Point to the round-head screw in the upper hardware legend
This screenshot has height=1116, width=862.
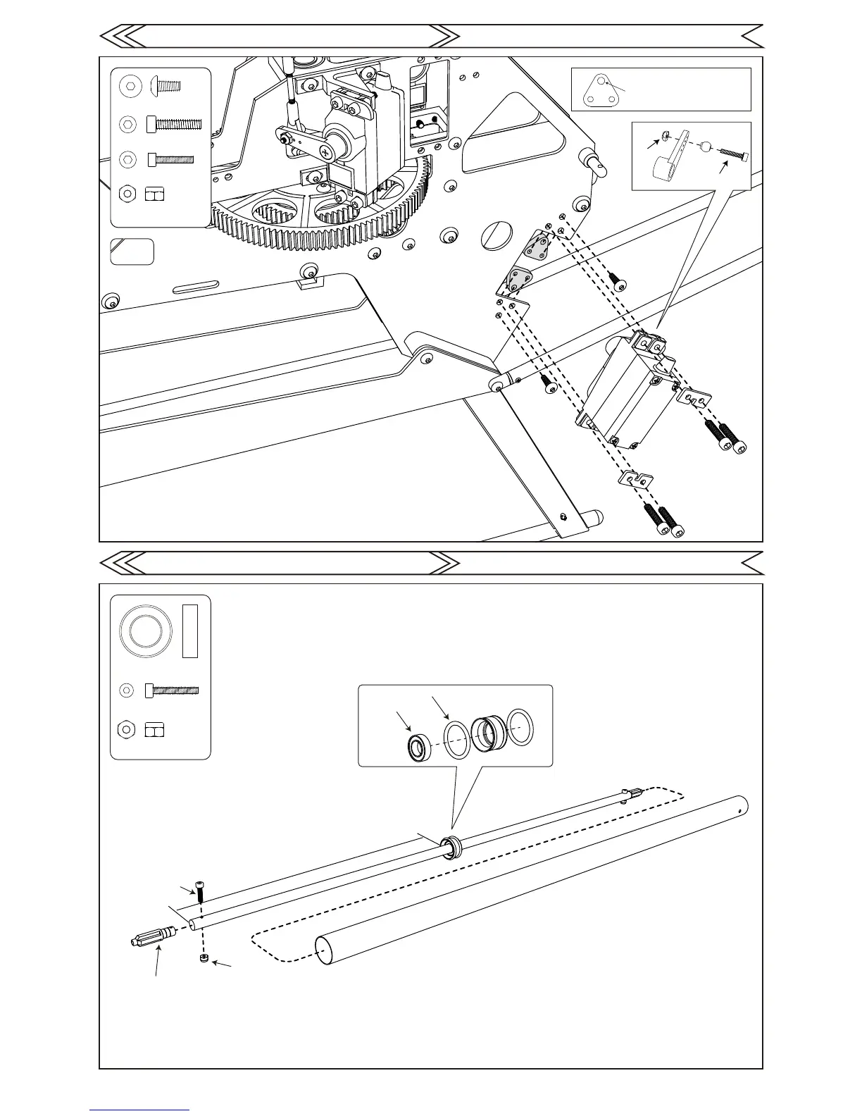point(165,87)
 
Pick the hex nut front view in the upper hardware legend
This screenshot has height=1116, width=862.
point(127,193)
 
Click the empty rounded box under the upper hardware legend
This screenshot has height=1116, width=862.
point(132,252)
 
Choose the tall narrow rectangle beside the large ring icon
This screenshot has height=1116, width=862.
point(190,631)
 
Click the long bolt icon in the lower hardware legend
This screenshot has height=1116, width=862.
point(172,690)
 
